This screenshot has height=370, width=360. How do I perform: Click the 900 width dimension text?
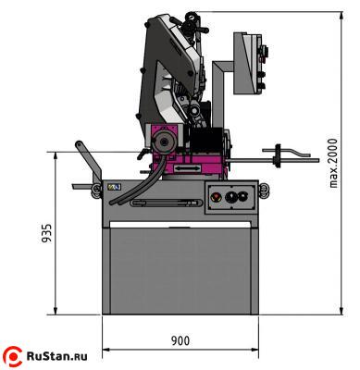click(181, 340)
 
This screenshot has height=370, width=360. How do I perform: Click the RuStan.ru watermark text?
click(62, 354)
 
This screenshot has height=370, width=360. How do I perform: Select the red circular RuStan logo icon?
click(14, 354)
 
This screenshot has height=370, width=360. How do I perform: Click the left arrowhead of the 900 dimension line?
click(105, 351)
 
